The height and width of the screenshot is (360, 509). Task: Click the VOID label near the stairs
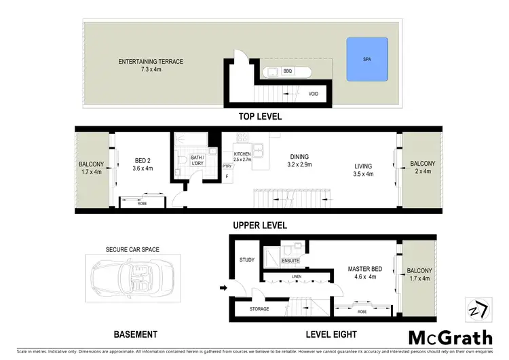314,94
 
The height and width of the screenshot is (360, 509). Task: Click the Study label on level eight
246,260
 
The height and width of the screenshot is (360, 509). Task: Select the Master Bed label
364,273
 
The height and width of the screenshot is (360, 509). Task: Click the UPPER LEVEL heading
260,225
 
